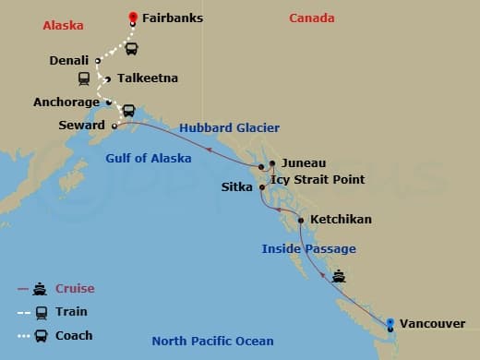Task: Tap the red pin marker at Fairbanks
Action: [x=133, y=18]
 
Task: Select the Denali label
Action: [x=68, y=61]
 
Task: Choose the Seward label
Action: [x=82, y=125]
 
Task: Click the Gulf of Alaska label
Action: [x=148, y=158]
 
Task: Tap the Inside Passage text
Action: [x=308, y=248]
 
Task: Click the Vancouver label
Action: [x=434, y=324]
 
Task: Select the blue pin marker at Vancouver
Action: [x=390, y=323]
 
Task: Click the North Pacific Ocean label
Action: [x=212, y=342]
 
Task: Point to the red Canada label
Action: [x=312, y=18]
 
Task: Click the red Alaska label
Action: [x=64, y=26]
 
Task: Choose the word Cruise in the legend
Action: [x=75, y=288]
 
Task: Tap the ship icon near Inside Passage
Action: [x=339, y=274]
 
